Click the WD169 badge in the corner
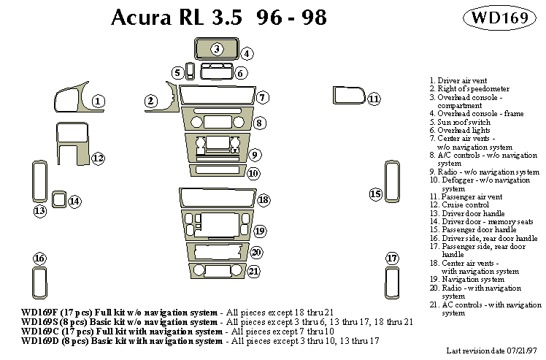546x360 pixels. coord(501,18)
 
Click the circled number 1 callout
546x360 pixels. coord(99,101)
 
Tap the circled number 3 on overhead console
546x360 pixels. coord(217,49)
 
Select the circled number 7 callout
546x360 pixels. coord(262,97)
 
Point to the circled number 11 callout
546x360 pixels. coord(374,99)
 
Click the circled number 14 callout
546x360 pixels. coord(74,201)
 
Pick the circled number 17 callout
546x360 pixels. coord(392,258)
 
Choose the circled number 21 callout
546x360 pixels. coord(253,271)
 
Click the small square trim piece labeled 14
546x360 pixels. coord(58,198)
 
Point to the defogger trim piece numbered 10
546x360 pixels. coord(217,171)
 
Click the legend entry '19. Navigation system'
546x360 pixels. coord(466,278)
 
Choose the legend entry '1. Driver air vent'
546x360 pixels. coord(458,80)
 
